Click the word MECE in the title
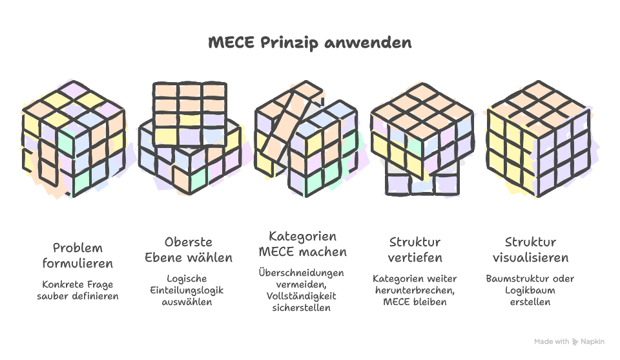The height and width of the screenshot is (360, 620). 232,43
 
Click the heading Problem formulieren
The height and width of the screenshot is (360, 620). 77,256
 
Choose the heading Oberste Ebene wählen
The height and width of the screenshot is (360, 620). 189,250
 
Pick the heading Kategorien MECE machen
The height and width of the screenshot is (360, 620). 303,244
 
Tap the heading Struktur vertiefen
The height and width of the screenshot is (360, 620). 415,250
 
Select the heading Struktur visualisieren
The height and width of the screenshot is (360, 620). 530,250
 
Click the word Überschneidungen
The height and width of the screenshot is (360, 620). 302,273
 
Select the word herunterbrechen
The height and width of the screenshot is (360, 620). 415,290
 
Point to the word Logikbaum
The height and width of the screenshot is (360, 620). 530,291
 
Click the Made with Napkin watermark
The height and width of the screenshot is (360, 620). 569,341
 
